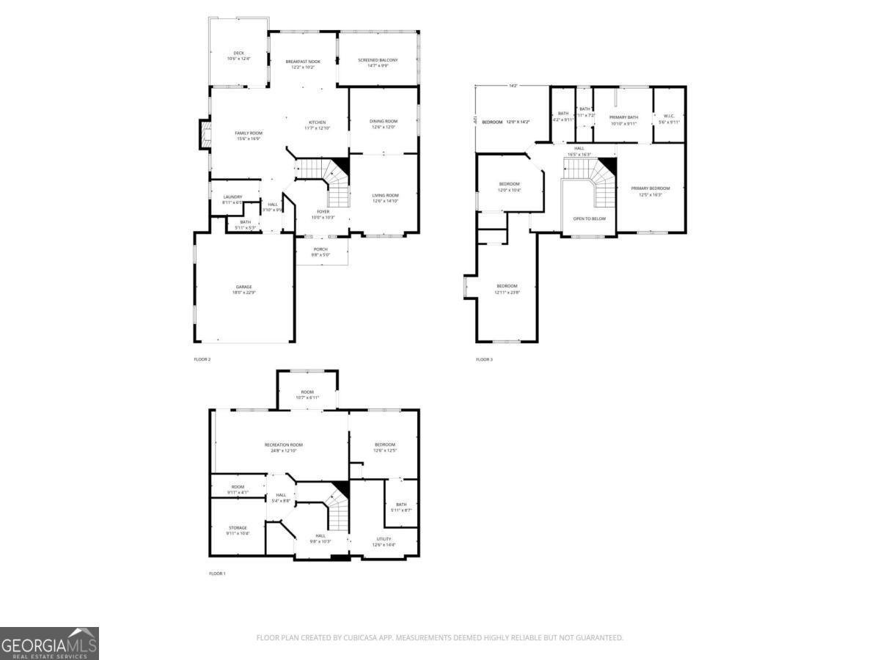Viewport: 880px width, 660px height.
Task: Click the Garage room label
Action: [244, 287]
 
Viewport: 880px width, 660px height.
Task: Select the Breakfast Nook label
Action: [303, 62]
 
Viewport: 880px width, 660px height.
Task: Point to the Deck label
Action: [238, 53]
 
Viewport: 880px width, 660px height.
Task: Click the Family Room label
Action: [249, 133]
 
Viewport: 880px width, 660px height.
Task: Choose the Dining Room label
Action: [384, 121]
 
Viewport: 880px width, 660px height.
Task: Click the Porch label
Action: [320, 249]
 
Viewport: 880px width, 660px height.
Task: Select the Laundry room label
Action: [232, 197]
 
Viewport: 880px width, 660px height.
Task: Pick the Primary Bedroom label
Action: [650, 188]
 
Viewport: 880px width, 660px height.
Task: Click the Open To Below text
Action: [589, 219]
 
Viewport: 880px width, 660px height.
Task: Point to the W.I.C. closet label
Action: [669, 115]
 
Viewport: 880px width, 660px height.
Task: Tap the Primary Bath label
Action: [623, 117]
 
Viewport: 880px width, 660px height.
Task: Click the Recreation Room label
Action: [283, 445]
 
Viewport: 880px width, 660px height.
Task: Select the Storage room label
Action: [237, 528]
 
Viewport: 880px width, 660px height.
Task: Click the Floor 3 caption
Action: [484, 359]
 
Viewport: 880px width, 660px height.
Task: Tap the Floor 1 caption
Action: [217, 573]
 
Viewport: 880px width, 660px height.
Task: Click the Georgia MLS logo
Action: [49, 643]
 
